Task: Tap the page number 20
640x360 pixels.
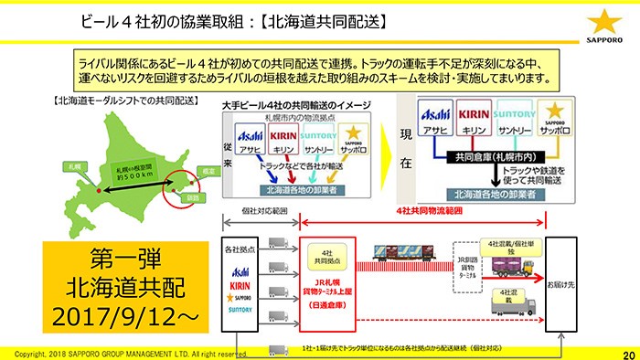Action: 626,354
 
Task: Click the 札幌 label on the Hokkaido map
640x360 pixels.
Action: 72,165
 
